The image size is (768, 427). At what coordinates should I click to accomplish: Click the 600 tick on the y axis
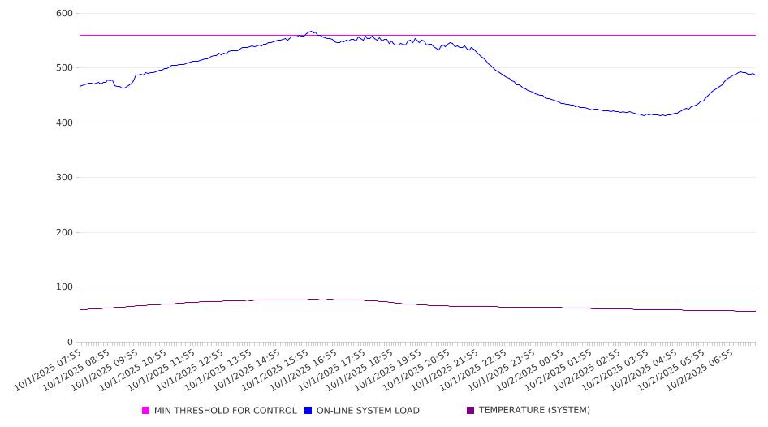click(x=64, y=14)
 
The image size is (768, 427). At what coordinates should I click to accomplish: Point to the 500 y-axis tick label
click(x=64, y=68)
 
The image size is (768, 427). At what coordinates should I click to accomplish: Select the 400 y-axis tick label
click(x=64, y=123)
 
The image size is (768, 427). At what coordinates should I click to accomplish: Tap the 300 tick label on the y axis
click(x=64, y=178)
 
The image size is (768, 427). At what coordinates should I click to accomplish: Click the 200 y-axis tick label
click(x=64, y=233)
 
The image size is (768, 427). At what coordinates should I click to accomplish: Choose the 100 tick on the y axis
click(x=64, y=287)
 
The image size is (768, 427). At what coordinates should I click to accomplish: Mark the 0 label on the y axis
click(x=70, y=343)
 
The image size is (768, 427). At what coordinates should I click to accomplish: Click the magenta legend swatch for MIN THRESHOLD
click(x=146, y=411)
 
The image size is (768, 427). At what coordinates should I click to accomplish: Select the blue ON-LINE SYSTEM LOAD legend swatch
click(x=308, y=411)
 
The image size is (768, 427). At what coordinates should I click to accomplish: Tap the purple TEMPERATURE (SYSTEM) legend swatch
click(x=471, y=411)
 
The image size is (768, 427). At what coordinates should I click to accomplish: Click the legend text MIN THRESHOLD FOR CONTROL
click(x=225, y=411)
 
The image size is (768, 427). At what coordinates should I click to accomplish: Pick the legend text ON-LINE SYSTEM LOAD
click(x=368, y=411)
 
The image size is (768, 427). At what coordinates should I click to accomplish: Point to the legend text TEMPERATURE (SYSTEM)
click(x=534, y=411)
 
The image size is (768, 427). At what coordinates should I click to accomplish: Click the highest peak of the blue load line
click(x=311, y=32)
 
